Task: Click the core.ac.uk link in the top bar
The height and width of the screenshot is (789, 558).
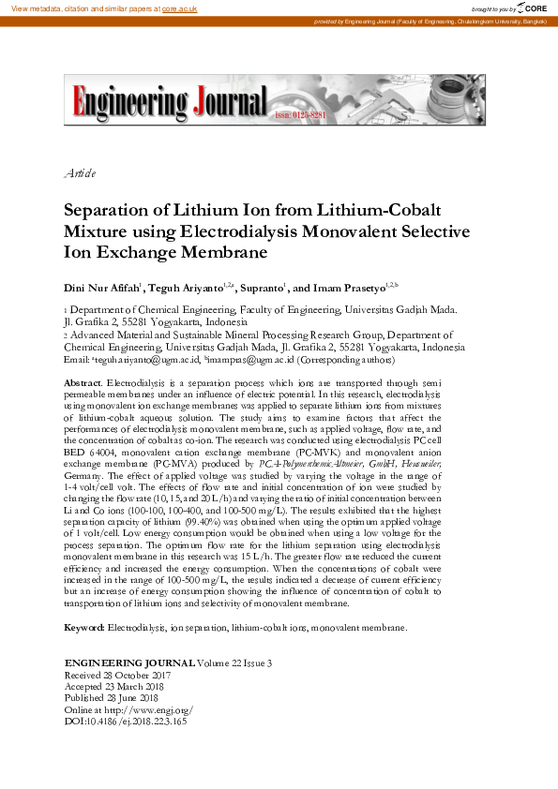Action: click(x=180, y=7)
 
